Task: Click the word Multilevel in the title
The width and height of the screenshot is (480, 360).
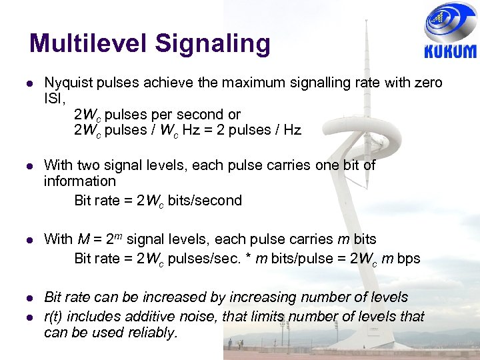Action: [x=87, y=43]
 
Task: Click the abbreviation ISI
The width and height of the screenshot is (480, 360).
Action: [x=54, y=99]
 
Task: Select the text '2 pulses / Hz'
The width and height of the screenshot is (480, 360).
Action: [x=264, y=130]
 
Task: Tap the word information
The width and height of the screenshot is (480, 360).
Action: [x=80, y=181]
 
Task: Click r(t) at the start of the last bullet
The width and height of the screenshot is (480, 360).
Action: [x=54, y=316]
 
